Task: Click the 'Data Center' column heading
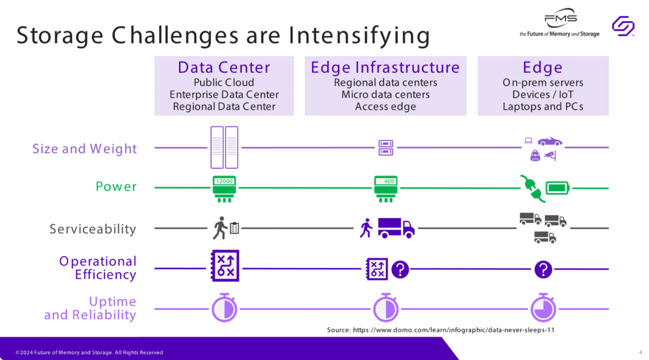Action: click(224, 67)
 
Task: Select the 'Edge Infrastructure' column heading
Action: click(385, 67)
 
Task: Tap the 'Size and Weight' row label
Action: click(85, 148)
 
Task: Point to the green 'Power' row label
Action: click(116, 186)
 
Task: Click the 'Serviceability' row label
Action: click(93, 229)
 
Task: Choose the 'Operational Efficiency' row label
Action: click(97, 268)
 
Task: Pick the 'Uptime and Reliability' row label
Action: click(90, 308)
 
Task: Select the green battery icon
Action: click(558, 188)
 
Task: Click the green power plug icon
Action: click(531, 188)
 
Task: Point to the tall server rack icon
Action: click(224, 147)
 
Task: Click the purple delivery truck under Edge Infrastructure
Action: click(396, 228)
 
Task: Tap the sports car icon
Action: click(549, 142)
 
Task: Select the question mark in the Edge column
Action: click(543, 269)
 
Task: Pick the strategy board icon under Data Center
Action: click(225, 266)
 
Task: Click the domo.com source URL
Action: click(452, 330)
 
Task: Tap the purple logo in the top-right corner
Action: click(623, 26)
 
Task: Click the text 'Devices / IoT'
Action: click(543, 94)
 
